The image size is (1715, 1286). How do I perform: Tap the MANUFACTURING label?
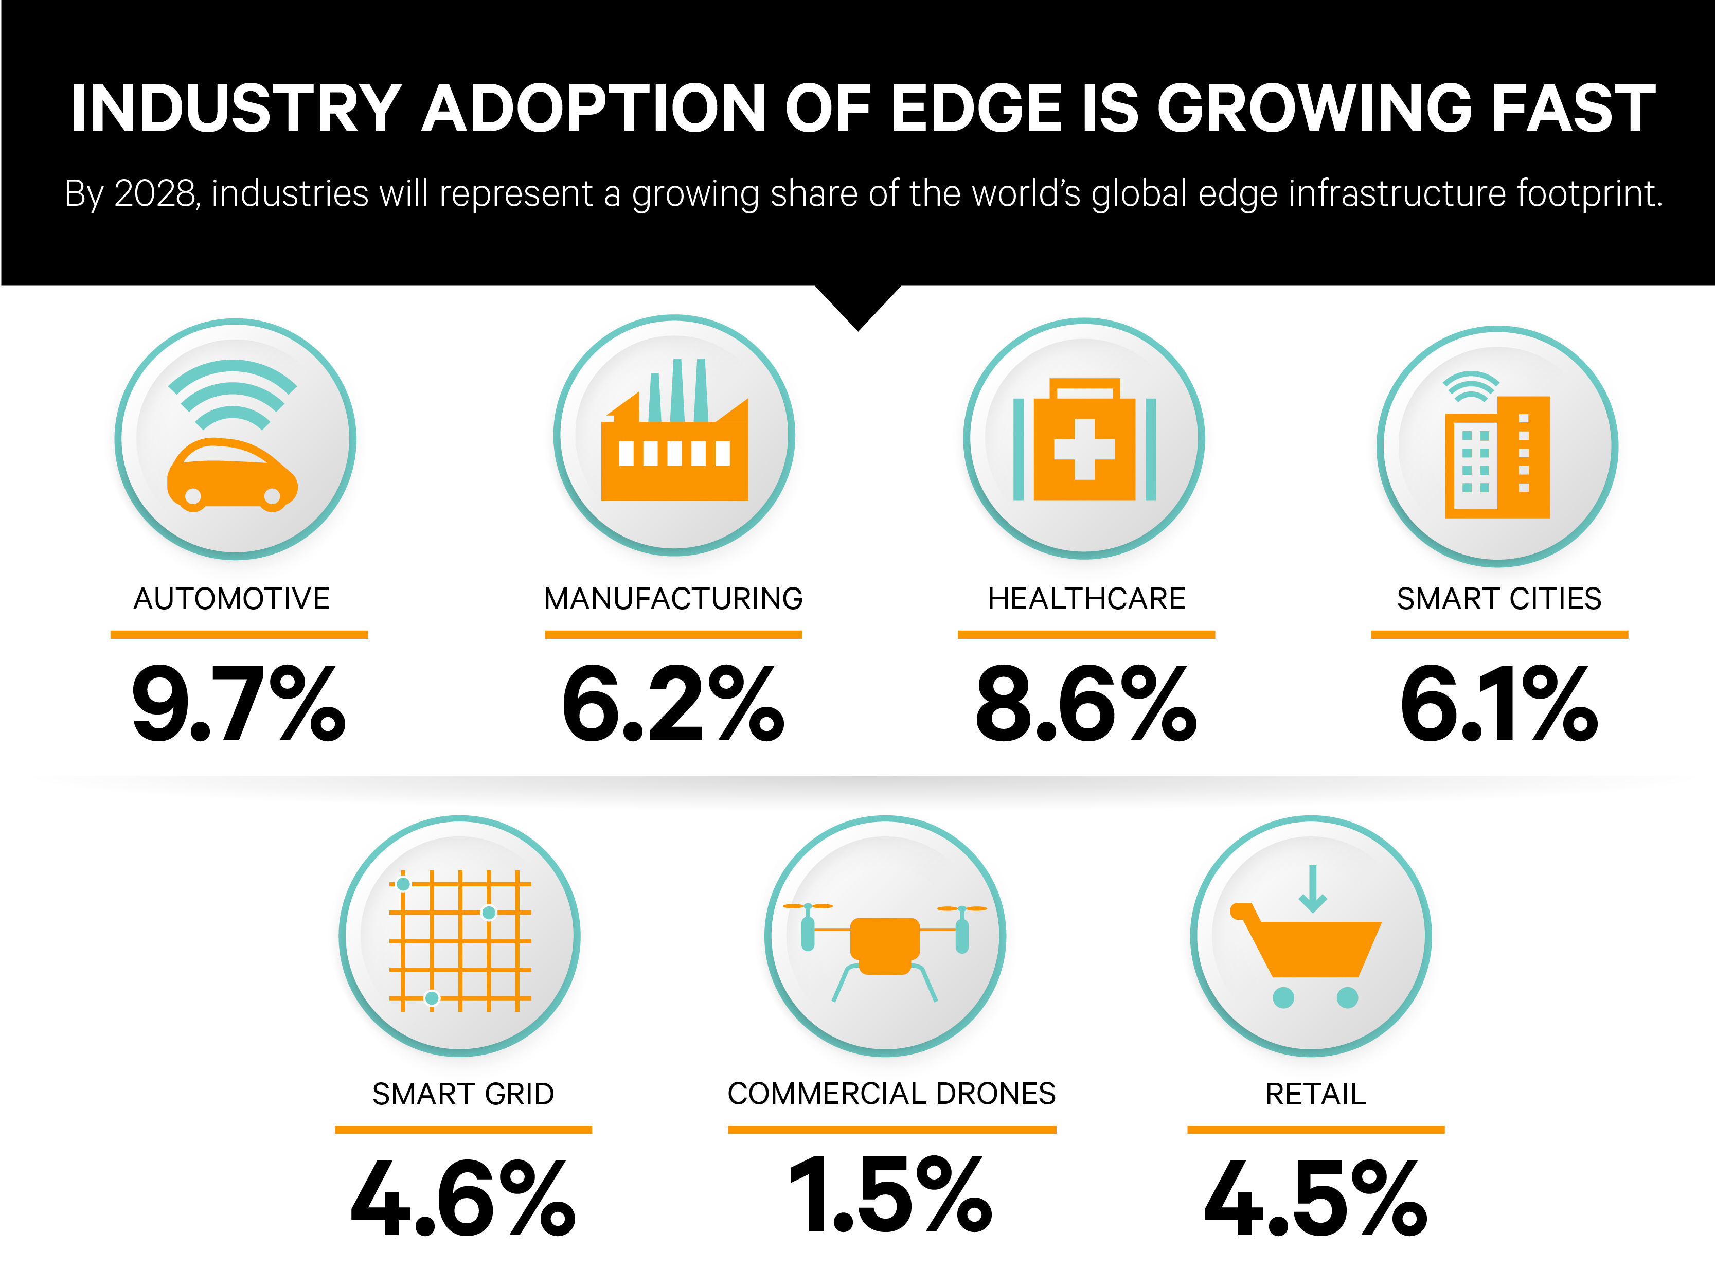(673, 598)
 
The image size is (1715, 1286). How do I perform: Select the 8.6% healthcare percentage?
(1085, 704)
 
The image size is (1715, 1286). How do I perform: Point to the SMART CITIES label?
(1498, 598)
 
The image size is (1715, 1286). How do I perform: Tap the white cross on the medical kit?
(1084, 449)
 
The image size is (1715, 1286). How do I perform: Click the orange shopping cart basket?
(1318, 947)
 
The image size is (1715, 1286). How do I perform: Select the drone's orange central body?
(885, 942)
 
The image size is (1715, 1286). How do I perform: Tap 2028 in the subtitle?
(155, 193)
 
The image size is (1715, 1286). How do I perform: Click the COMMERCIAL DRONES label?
(891, 1093)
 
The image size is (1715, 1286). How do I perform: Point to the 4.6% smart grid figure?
(463, 1199)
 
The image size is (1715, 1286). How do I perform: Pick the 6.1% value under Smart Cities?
(1498, 704)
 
